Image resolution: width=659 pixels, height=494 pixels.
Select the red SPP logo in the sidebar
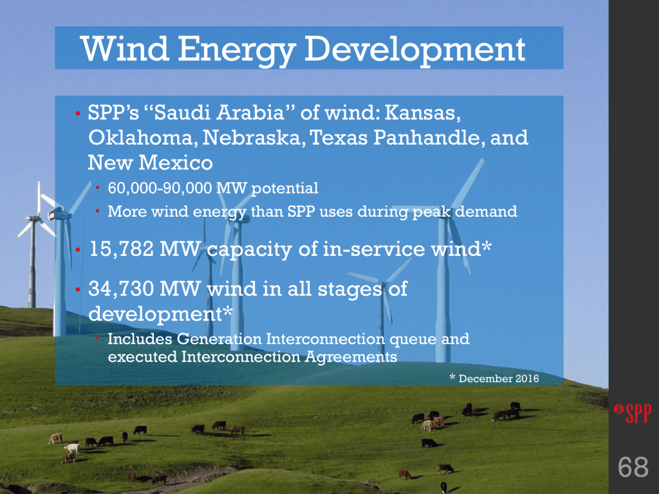coord(633,413)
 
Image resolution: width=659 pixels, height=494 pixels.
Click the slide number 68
coord(633,467)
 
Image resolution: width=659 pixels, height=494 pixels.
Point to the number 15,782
coord(122,249)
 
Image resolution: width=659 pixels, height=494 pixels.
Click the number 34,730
coord(122,289)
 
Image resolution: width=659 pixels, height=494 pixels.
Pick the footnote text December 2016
coord(499,378)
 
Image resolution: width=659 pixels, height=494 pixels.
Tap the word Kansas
coord(423,113)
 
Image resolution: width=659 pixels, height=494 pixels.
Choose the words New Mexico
coord(150,163)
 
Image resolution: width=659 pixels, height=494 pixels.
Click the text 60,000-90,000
coord(160,188)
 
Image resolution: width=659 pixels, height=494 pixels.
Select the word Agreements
coord(351,357)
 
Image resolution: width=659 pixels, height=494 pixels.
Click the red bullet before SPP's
coord(78,113)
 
